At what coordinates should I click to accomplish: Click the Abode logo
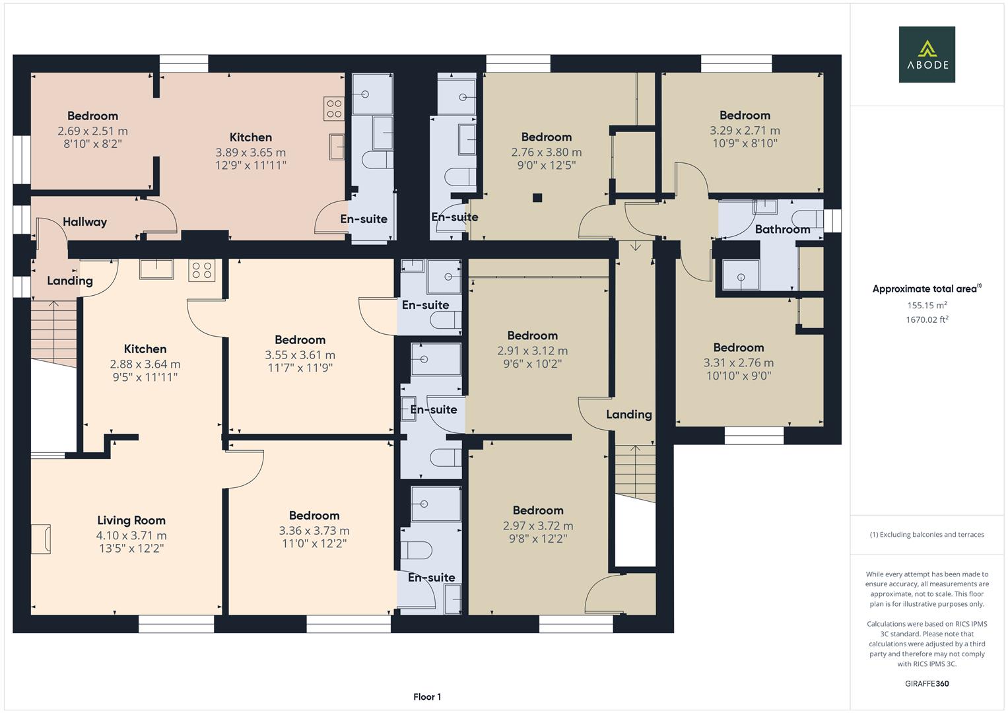click(926, 54)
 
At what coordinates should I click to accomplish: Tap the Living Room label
click(131, 520)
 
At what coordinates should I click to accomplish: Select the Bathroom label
click(782, 229)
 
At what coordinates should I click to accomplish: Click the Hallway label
click(84, 222)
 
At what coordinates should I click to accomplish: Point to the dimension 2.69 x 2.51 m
click(92, 131)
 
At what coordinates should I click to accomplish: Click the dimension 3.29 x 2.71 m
click(745, 130)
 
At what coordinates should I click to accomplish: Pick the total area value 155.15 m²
click(927, 305)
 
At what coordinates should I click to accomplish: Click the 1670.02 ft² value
click(927, 320)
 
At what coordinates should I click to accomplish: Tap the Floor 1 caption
click(427, 696)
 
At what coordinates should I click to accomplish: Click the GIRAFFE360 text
click(927, 683)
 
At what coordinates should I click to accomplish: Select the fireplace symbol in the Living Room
click(41, 539)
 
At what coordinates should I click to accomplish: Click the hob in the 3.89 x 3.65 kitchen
click(334, 109)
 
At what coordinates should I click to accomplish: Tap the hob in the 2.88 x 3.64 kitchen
click(201, 270)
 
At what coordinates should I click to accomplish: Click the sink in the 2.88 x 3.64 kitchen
click(156, 269)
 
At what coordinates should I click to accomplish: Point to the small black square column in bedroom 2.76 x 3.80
click(537, 197)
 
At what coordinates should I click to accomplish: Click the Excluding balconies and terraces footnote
click(927, 534)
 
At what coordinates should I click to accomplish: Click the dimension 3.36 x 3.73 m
click(314, 530)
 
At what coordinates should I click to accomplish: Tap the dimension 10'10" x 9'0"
click(738, 376)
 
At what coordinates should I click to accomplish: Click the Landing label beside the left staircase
click(70, 281)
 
